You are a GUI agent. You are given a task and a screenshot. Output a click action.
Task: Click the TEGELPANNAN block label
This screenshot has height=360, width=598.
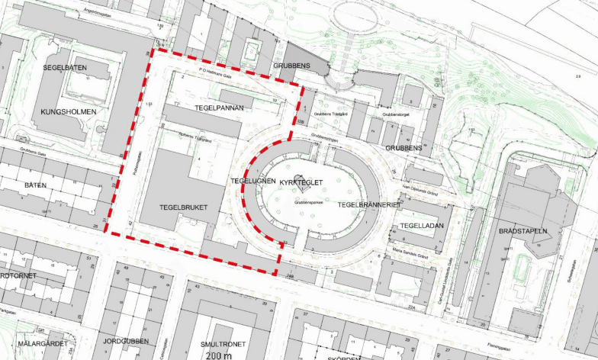[219, 108]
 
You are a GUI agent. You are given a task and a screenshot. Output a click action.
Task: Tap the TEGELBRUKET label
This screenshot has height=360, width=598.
[184, 207]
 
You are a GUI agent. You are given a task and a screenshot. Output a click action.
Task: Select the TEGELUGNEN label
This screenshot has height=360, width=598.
[251, 181]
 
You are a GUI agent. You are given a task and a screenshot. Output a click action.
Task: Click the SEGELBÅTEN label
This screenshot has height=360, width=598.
[65, 68]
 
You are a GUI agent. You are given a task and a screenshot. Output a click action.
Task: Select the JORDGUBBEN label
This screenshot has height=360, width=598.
[126, 341]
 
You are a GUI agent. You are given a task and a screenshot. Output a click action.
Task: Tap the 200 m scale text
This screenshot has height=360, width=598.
[219, 355]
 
